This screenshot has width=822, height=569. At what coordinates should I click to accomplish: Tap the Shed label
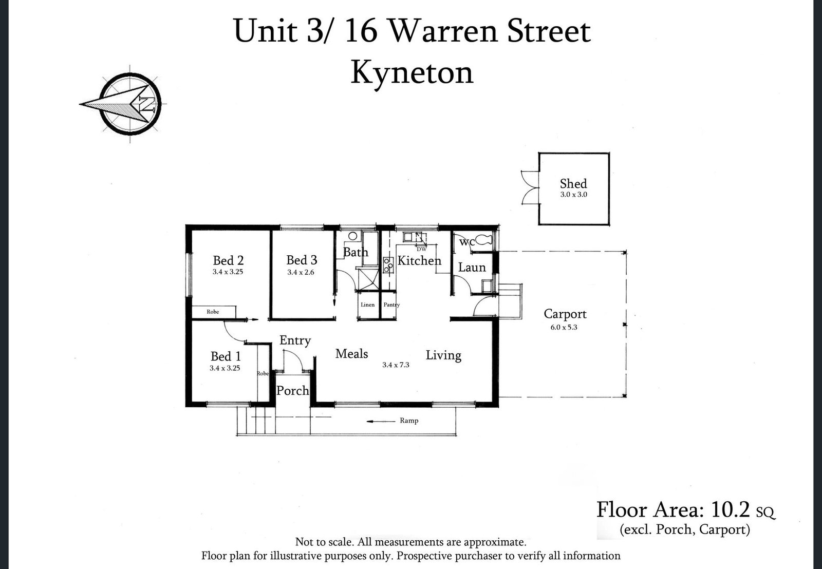[573, 184]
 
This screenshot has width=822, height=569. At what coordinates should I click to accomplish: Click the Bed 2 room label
[228, 261]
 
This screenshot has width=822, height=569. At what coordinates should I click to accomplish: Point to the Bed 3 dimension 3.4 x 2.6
[301, 272]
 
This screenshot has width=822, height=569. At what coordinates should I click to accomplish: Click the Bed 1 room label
[226, 356]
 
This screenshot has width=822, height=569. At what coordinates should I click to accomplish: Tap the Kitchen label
[419, 261]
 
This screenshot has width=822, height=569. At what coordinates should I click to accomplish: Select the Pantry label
[391, 305]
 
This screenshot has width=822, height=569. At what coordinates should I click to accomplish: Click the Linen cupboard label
[368, 305]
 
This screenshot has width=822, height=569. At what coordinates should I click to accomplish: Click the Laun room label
[472, 268]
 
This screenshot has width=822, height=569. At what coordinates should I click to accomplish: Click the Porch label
[293, 391]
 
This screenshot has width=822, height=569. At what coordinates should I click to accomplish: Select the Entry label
[295, 340]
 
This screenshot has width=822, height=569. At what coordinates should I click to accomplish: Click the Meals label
[351, 354]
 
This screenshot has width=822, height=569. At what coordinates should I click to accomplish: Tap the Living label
[443, 355]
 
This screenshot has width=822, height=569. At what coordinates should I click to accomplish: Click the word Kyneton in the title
[412, 72]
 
